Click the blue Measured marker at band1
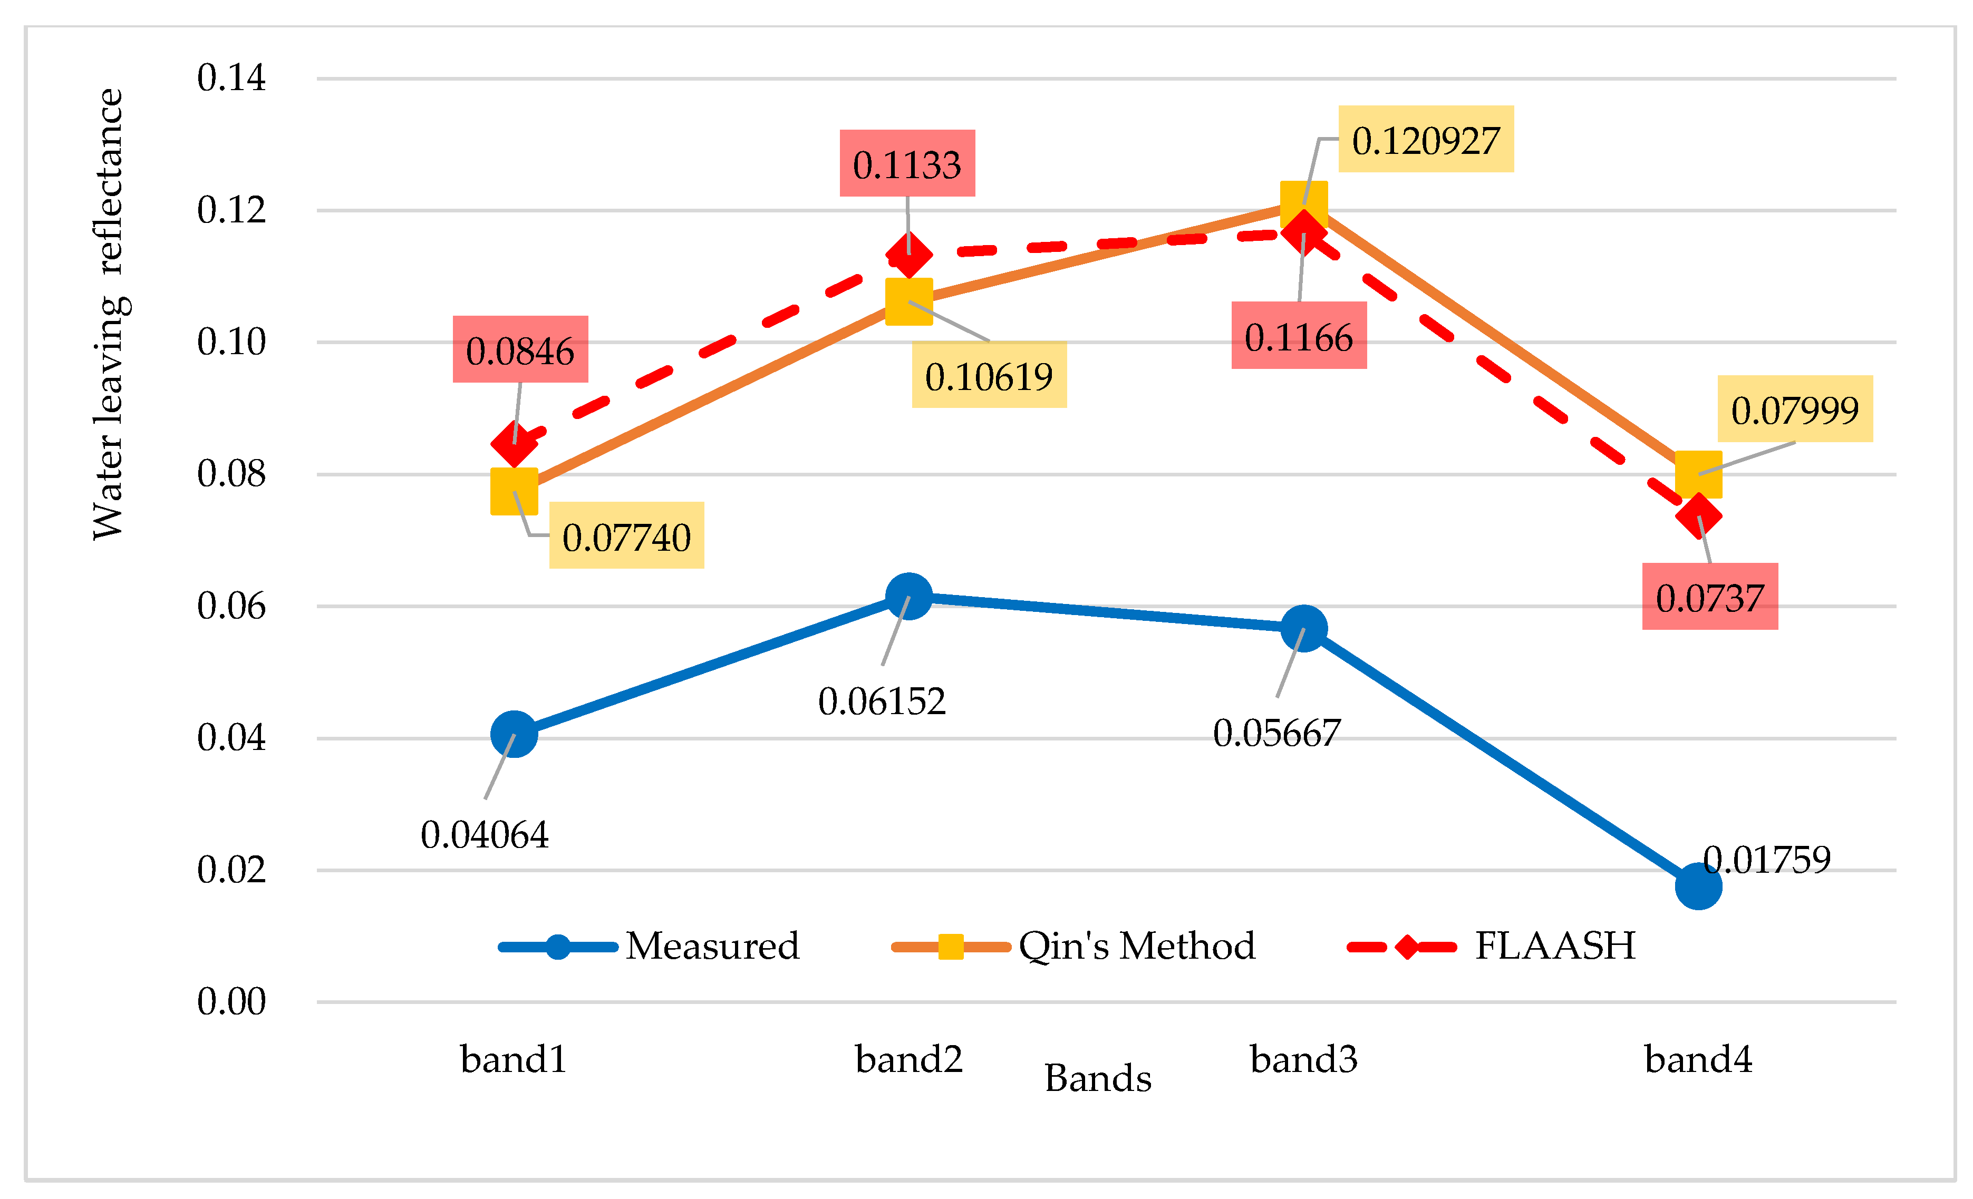point(513,733)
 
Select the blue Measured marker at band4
point(1698,886)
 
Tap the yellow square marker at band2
point(909,302)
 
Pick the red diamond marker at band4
point(1698,515)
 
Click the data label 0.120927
point(1425,140)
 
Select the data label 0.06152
point(882,701)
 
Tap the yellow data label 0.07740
point(626,537)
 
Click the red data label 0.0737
point(1709,597)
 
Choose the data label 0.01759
point(1766,860)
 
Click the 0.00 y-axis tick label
point(231,1001)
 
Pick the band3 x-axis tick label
point(1303,1059)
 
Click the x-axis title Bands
point(1098,1077)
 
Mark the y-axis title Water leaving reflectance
point(108,314)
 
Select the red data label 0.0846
point(520,350)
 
